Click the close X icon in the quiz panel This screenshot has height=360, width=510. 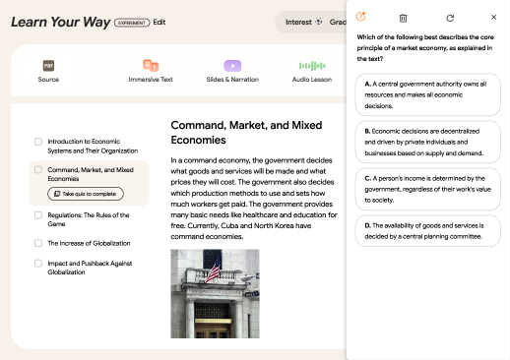click(x=493, y=17)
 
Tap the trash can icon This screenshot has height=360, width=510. click(x=403, y=18)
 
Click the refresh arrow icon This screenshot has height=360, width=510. click(x=450, y=18)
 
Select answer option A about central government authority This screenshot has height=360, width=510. click(x=428, y=94)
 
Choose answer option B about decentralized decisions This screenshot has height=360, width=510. click(x=428, y=142)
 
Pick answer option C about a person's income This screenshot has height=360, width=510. click(x=428, y=189)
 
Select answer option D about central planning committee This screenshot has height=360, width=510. click(x=428, y=231)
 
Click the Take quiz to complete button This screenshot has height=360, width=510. click(x=86, y=194)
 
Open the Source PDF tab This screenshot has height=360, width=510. click(x=48, y=71)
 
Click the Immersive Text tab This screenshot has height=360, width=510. click(x=151, y=71)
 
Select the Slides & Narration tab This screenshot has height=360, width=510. click(x=232, y=71)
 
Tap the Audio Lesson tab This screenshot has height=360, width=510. click(x=312, y=71)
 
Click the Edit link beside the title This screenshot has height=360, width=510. click(x=159, y=22)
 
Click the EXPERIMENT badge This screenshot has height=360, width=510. click(x=132, y=23)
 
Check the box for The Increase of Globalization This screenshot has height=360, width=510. click(x=38, y=243)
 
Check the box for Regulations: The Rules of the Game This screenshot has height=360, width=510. click(x=38, y=215)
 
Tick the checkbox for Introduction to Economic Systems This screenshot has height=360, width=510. click(x=38, y=142)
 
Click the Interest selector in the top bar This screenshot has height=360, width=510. click(x=303, y=22)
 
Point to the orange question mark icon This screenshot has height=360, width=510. click(x=360, y=17)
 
